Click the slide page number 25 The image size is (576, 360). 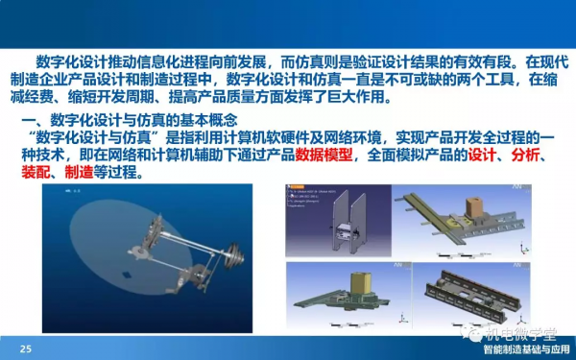click(26, 348)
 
